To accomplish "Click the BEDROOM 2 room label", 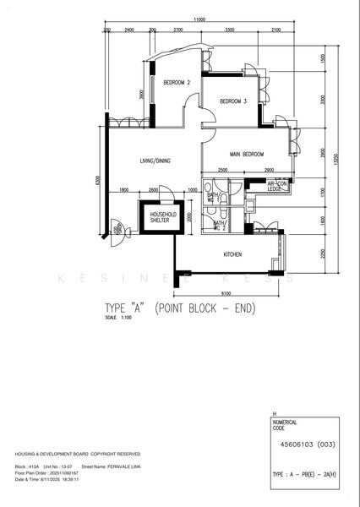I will (176, 82).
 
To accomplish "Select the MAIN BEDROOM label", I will (247, 155).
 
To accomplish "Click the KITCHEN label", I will (233, 253).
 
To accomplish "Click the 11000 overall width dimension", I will (199, 19).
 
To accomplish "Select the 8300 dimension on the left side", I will (99, 180).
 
